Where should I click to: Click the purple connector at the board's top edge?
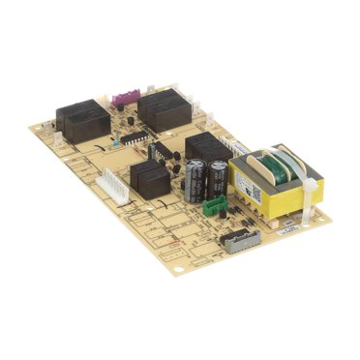point(123,98)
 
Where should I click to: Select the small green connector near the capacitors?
point(219,204)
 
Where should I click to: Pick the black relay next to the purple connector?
point(165,108)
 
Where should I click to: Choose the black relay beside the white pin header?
point(147,178)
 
